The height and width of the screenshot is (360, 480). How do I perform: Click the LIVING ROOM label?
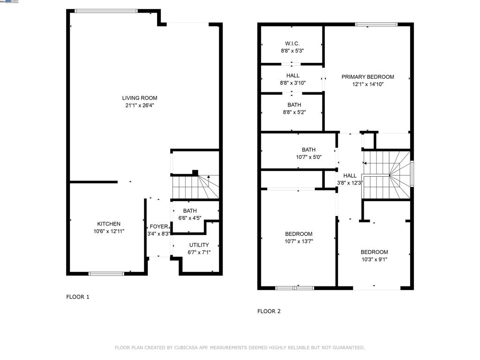(140, 98)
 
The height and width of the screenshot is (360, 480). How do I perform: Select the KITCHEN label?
(109, 224)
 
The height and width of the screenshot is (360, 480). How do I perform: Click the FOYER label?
(158, 226)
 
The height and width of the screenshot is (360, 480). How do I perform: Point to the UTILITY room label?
(199, 245)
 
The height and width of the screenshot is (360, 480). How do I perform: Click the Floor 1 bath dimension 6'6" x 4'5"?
(190, 218)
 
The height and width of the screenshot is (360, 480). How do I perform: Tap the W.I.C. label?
(292, 44)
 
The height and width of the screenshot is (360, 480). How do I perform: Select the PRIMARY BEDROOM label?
(367, 77)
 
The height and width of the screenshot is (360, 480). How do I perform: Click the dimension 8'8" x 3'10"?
(292, 83)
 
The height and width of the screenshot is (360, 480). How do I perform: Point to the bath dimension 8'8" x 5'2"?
(292, 112)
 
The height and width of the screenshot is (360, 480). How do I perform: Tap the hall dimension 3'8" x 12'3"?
(350, 183)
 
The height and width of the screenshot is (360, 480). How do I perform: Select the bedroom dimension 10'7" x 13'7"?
(299, 241)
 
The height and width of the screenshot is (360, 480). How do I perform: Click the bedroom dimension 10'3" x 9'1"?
(374, 259)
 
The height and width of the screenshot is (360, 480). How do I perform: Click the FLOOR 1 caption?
(78, 297)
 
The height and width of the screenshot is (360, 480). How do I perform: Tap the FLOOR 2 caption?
(269, 311)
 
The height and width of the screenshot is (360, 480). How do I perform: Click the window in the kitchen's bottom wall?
(106, 273)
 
